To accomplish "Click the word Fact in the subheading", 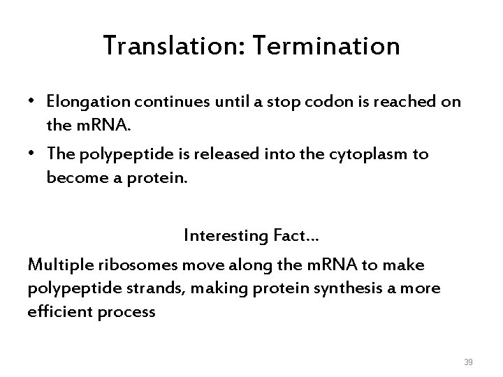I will pyautogui.click(x=286, y=235).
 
